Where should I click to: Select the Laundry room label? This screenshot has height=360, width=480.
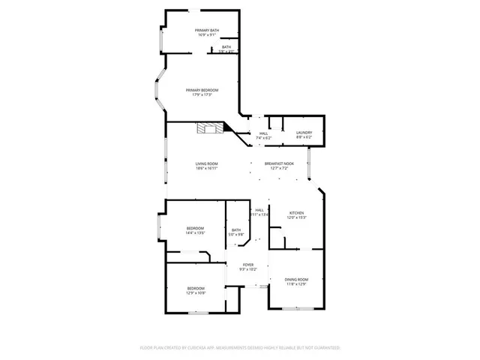pos(304,133)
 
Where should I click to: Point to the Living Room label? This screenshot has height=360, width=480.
pos(207,163)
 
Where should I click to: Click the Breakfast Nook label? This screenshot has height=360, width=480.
pos(279,163)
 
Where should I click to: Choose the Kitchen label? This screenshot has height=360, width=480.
pos(297,213)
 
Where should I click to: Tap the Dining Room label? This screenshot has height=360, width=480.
pos(296,280)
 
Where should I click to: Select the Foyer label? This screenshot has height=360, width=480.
pos(247,264)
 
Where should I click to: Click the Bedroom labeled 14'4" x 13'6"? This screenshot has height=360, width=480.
pos(196,228)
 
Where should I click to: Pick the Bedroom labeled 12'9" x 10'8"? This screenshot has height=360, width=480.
pos(196,288)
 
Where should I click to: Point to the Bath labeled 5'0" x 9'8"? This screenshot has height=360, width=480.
pos(236,230)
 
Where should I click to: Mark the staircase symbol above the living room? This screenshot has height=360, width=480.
pos(210,128)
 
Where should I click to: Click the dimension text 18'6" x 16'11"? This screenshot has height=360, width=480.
pos(207,169)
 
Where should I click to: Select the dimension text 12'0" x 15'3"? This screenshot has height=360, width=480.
pos(297,217)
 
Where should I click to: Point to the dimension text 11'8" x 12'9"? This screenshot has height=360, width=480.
pos(296,284)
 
